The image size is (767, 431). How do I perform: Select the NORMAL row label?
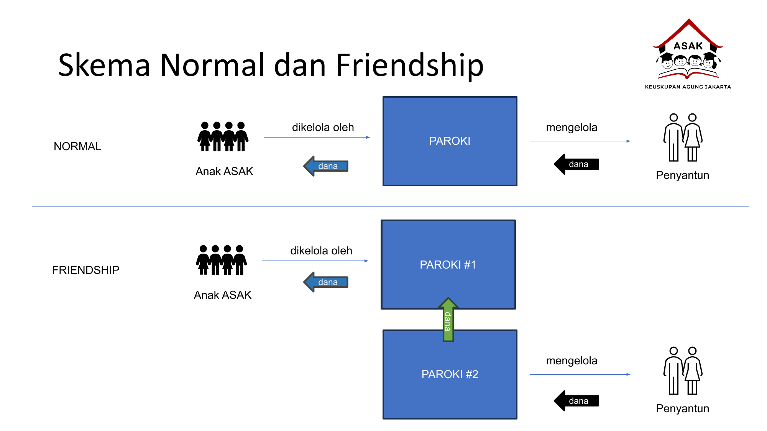(x=77, y=146)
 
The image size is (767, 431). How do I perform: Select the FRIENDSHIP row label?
(x=85, y=270)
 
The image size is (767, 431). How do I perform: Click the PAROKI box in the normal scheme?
(x=450, y=141)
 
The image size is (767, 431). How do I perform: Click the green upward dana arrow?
(x=448, y=320)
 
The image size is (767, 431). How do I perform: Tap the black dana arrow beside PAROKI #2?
(x=576, y=401)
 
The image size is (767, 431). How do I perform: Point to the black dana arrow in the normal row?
(x=576, y=164)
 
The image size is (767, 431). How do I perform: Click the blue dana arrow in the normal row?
(x=326, y=166)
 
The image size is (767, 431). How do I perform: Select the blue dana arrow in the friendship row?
(x=326, y=282)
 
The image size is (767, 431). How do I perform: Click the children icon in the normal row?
(x=223, y=137)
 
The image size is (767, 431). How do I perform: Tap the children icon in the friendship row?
(x=221, y=260)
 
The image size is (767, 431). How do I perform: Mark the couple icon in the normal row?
(x=683, y=138)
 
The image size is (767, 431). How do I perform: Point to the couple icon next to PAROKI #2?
(x=683, y=371)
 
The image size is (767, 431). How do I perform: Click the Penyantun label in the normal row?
(x=682, y=175)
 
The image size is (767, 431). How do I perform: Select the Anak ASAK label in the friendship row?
(x=222, y=295)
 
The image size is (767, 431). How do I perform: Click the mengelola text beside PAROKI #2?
(x=572, y=361)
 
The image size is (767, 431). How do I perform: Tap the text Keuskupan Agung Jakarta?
(x=688, y=87)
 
